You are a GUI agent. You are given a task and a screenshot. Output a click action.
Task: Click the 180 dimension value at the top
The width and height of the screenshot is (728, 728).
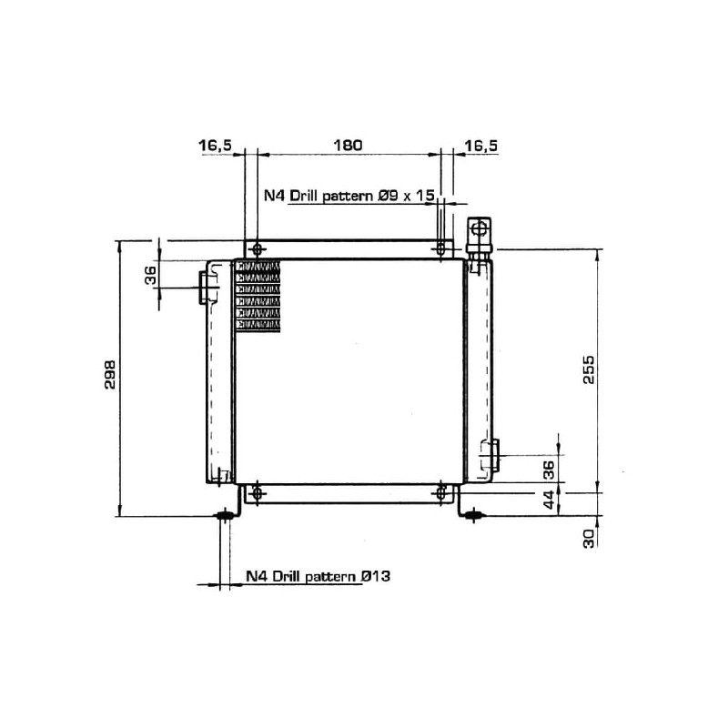348,146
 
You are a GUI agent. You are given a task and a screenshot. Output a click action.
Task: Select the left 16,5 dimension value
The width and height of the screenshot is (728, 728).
215,146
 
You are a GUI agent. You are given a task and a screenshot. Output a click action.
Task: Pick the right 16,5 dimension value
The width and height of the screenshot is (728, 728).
481,146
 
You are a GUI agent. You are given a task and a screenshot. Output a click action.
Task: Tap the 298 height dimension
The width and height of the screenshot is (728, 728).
110,374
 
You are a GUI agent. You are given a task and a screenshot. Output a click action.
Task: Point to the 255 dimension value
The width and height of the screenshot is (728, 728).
588,369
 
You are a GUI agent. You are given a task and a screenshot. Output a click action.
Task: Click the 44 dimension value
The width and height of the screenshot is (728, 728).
549,500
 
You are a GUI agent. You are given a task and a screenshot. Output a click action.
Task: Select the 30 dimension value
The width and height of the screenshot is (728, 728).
588,539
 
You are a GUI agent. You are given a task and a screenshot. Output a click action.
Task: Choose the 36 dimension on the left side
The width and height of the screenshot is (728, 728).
151,275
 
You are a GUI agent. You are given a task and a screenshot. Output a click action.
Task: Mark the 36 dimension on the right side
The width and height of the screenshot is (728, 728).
549,470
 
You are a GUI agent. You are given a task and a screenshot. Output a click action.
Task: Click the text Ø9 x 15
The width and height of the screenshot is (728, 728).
406,196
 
